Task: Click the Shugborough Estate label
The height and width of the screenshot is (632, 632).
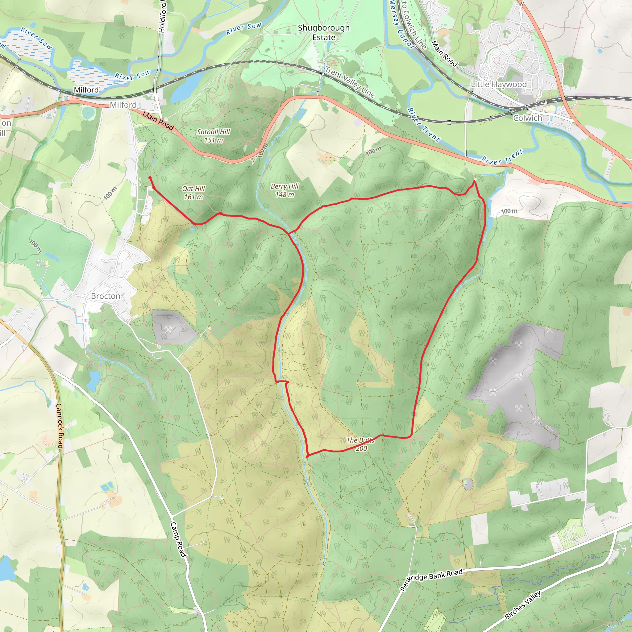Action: [x=323, y=32]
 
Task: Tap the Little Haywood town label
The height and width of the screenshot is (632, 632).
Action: [x=499, y=84]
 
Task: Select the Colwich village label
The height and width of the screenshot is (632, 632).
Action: [x=528, y=118]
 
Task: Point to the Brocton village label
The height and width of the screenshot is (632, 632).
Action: [x=106, y=296]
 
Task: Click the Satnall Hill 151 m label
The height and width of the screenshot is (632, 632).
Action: [x=213, y=136]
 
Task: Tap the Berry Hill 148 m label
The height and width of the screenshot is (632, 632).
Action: [x=285, y=190]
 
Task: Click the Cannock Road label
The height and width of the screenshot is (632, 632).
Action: [x=60, y=426]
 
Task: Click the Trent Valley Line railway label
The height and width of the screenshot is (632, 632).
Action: [x=350, y=82]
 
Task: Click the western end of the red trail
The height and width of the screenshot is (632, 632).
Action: [x=150, y=178]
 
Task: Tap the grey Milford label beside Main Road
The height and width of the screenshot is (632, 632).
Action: [x=123, y=105]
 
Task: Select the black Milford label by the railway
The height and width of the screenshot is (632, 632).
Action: [x=86, y=90]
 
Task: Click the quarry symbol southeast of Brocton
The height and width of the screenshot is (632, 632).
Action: [x=168, y=329]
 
